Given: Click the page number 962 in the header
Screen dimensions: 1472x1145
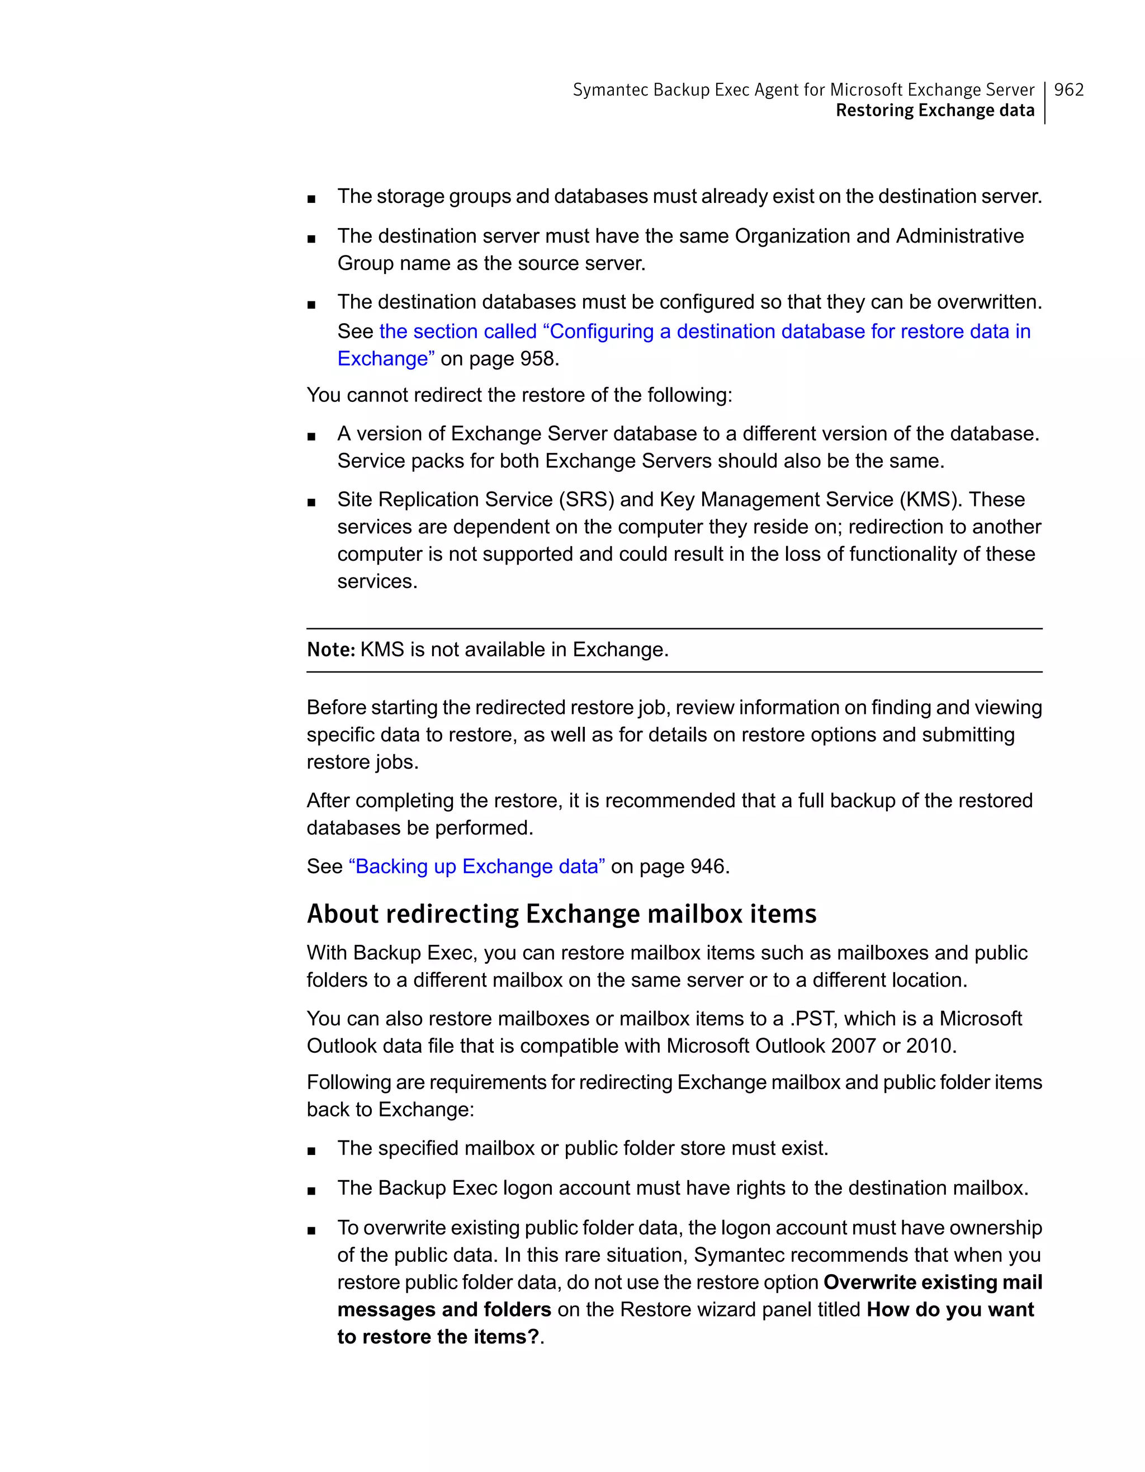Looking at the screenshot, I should click(x=1068, y=89).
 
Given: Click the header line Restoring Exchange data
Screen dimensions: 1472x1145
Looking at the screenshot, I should click(x=935, y=111).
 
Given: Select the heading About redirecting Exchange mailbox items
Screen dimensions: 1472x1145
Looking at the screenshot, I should click(x=561, y=914).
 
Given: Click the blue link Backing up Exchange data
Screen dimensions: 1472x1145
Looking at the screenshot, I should click(x=476, y=866).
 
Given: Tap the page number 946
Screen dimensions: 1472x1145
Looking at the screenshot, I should click(x=709, y=866).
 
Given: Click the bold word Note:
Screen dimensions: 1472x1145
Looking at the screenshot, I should click(x=330, y=650).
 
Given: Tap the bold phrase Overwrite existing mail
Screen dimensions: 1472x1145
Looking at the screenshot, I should click(x=932, y=1282).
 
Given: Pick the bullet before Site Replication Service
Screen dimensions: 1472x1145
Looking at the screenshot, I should click(x=311, y=502).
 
